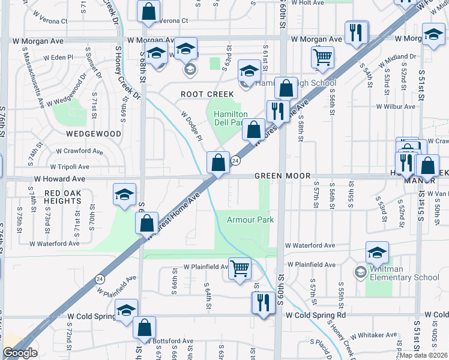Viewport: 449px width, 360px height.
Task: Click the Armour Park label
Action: [250, 220]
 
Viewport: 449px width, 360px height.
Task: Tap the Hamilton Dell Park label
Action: [227, 118]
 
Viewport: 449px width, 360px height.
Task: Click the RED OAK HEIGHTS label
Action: [62, 197]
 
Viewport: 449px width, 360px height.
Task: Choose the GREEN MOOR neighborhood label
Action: [282, 176]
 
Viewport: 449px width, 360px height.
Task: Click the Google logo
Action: [20, 353]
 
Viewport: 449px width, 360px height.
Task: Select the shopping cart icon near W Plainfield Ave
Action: [240, 268]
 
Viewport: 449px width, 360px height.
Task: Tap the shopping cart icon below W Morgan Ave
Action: [322, 57]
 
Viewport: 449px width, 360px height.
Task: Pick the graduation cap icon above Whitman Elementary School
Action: [376, 253]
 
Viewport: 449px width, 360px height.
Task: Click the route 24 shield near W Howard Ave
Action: [236, 161]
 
